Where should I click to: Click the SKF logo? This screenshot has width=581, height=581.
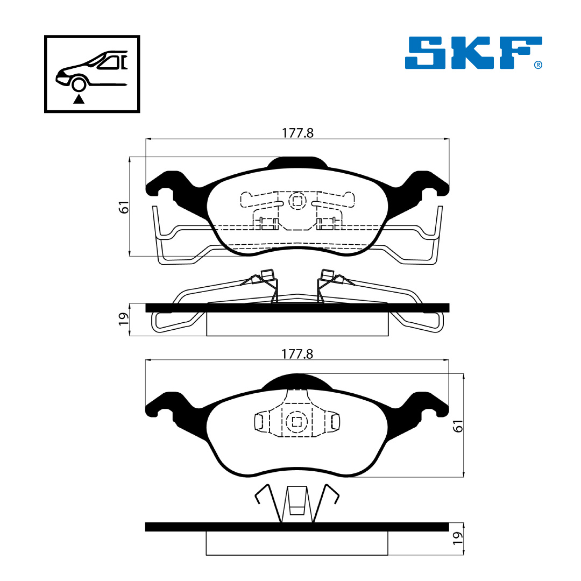(x=473, y=52)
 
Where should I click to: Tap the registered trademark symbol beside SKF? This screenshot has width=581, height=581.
(x=538, y=65)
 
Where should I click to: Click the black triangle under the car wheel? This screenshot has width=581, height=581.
(x=79, y=99)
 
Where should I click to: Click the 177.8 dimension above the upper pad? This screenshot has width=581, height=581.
(x=297, y=133)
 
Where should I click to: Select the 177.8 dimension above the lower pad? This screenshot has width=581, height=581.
(x=297, y=354)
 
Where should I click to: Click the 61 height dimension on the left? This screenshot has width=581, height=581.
(x=123, y=207)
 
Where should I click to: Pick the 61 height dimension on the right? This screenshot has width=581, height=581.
(x=458, y=426)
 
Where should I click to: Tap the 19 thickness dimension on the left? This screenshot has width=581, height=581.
(x=123, y=318)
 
